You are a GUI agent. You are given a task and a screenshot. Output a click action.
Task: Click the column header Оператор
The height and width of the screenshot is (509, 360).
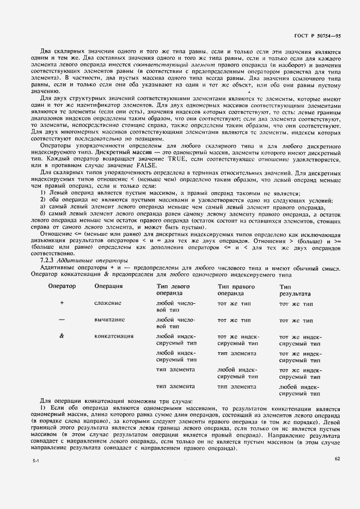point(62,286)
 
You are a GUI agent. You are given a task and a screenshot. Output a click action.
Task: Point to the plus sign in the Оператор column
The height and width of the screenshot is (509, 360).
point(62,303)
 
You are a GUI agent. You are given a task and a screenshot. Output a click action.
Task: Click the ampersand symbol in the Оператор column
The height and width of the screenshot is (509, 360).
point(62,336)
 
